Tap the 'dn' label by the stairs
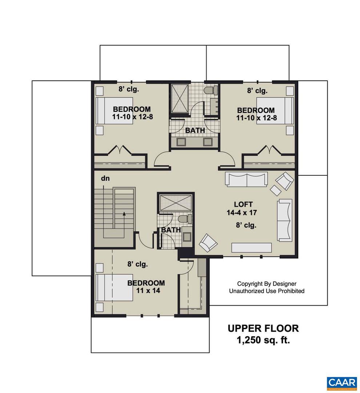click(106, 179)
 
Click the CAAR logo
click(341, 383)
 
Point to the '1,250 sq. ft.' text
click(263, 341)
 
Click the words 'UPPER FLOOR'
click(263, 328)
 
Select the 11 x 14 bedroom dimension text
click(145, 291)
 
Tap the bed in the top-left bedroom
click(114, 111)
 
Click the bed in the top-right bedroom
click(275, 111)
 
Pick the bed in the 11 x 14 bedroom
click(114, 287)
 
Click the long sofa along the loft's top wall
click(247, 179)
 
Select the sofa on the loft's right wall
click(285, 220)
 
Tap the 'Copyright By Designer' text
click(267, 283)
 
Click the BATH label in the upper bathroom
click(195, 130)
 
